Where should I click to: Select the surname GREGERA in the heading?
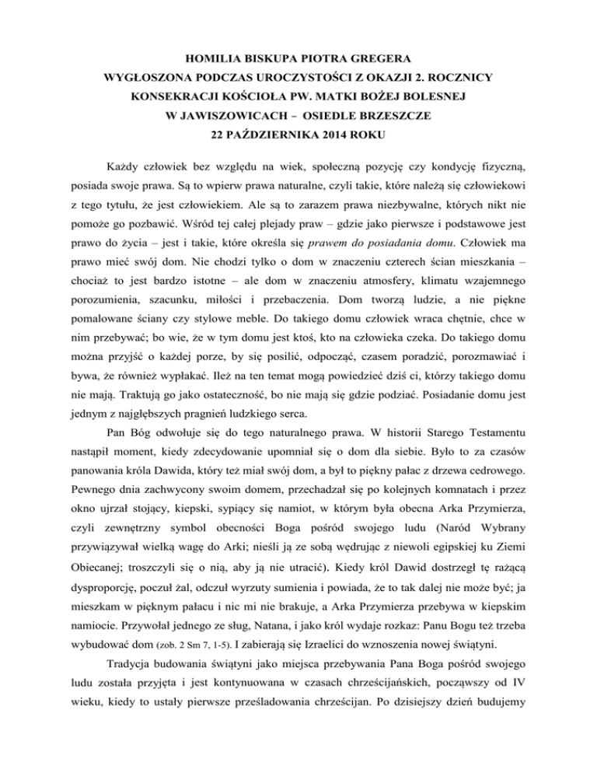379,58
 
